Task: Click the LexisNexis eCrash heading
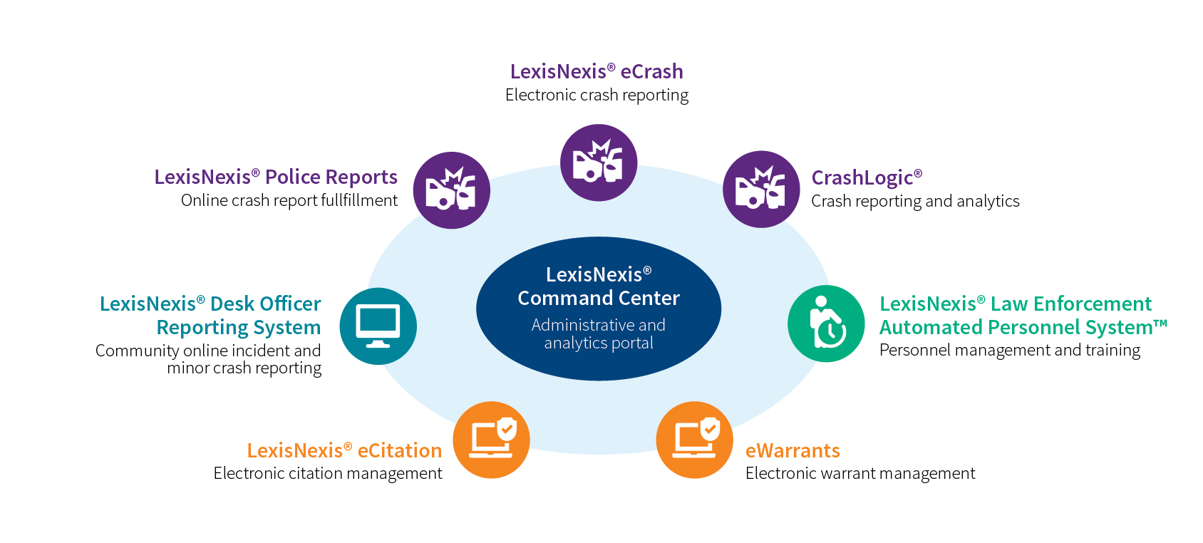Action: (597, 71)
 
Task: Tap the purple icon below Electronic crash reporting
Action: (598, 162)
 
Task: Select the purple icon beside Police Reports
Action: (451, 190)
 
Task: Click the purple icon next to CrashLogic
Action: (761, 190)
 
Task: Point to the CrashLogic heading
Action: (866, 177)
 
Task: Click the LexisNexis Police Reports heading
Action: (276, 177)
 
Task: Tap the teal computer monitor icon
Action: (378, 326)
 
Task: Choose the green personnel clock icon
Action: (826, 324)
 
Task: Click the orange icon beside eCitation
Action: (491, 440)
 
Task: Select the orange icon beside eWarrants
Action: (694, 440)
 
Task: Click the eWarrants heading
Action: (792, 450)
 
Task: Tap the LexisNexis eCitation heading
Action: (344, 450)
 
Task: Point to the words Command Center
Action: (599, 298)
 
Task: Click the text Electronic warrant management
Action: (860, 473)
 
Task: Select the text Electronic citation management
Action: (328, 473)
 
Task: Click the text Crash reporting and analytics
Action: (915, 201)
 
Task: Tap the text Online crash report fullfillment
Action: (289, 200)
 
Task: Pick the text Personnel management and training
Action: (1009, 350)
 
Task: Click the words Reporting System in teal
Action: (239, 327)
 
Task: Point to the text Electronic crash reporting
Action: (597, 95)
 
